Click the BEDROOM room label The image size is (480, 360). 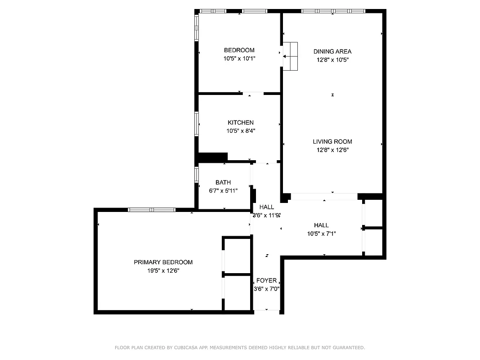[239, 50]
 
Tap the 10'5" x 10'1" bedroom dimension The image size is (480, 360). [239, 58]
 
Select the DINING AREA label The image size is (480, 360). [332, 51]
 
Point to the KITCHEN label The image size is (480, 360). [240, 122]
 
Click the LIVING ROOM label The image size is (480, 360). [332, 142]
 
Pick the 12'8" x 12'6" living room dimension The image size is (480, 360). [332, 150]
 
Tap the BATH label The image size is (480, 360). [223, 182]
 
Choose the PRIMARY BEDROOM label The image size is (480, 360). [163, 262]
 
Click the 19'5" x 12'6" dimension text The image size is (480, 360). [163, 270]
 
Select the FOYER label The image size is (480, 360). [266, 281]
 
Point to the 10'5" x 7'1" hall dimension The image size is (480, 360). [321, 234]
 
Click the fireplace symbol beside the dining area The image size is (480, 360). [290, 56]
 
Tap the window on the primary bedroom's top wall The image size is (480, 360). [152, 210]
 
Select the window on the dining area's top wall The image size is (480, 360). [333, 11]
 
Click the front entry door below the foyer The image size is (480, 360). [266, 310]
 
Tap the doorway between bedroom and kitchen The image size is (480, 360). [253, 94]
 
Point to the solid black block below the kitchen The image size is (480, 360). [213, 157]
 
